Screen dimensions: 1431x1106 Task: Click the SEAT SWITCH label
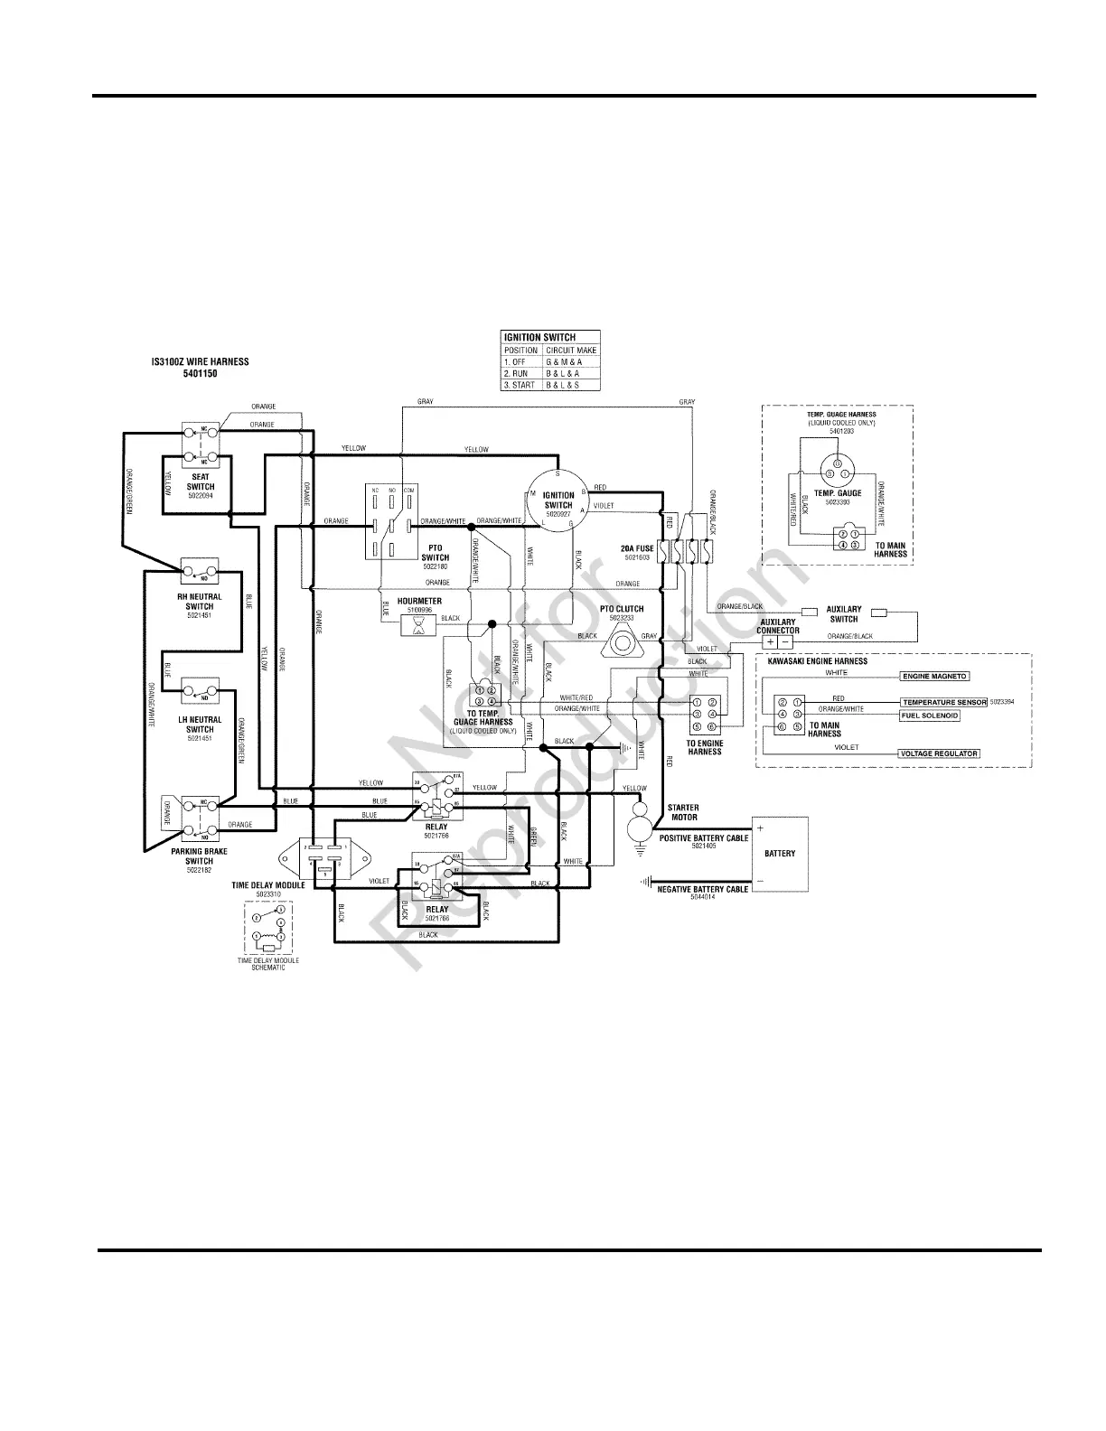click(201, 481)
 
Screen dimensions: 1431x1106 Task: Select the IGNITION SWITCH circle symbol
click(558, 504)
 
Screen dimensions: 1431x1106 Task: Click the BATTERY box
click(780, 854)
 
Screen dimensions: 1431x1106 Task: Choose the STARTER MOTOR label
click(683, 812)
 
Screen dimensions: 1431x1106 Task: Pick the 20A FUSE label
click(636, 548)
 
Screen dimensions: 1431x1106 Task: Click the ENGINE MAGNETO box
click(934, 676)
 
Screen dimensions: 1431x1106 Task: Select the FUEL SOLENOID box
click(929, 715)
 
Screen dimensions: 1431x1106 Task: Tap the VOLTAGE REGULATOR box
click(939, 753)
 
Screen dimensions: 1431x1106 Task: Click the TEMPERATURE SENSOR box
click(943, 702)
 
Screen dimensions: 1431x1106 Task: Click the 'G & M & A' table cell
click(564, 361)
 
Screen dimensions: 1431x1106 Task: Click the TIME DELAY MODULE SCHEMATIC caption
click(267, 964)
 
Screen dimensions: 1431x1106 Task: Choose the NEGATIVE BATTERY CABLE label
click(703, 889)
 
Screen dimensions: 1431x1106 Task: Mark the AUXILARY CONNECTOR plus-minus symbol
click(777, 641)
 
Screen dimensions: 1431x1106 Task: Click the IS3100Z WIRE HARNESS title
click(200, 362)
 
